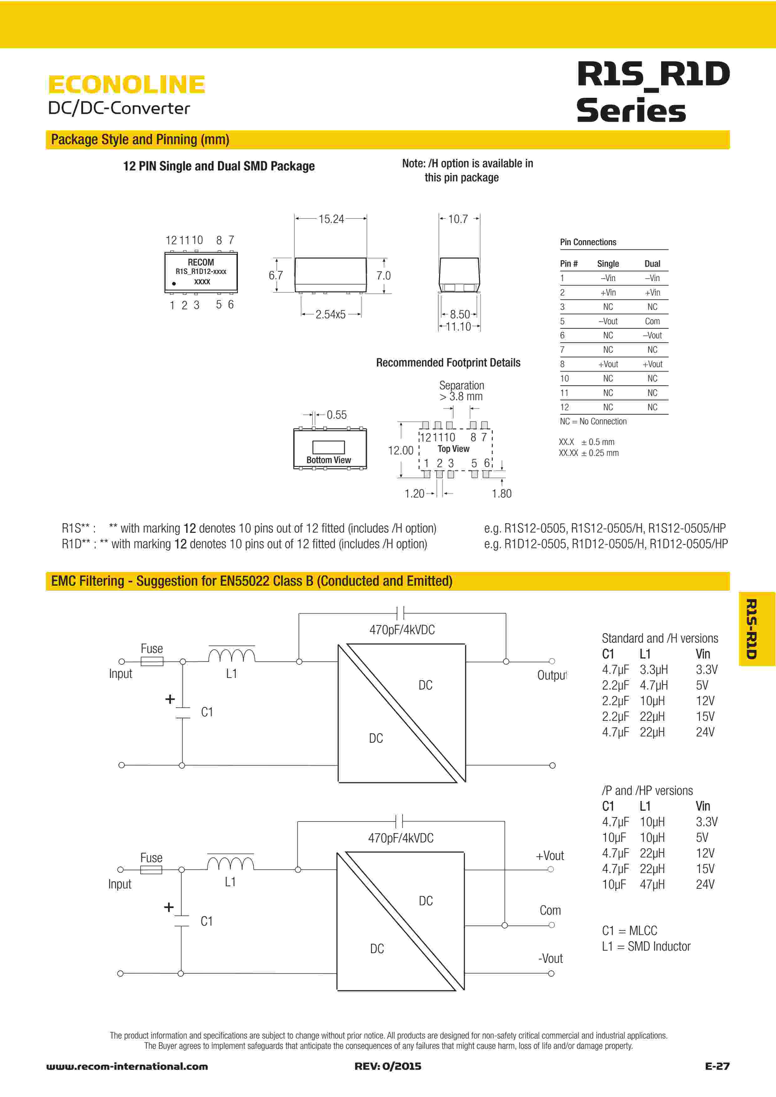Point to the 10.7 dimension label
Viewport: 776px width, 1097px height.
click(458, 219)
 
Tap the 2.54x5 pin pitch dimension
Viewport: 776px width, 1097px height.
click(330, 314)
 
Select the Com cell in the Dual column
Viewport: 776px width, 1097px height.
click(652, 321)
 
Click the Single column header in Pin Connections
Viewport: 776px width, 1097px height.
click(608, 264)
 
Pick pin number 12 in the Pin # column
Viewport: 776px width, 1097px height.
click(565, 407)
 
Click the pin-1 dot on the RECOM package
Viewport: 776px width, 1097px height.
click(174, 284)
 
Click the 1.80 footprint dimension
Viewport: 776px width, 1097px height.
click(501, 493)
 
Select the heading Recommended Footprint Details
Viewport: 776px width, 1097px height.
click(448, 363)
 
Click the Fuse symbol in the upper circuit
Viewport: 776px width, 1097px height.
click(152, 662)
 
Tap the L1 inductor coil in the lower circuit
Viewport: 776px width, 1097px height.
click(230, 863)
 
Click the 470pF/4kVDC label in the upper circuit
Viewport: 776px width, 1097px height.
click(402, 630)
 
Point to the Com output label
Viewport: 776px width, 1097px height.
click(550, 910)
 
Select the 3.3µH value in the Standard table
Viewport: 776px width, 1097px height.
click(654, 670)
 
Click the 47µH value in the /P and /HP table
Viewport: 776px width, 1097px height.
click(652, 884)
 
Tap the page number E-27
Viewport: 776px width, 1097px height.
click(717, 1066)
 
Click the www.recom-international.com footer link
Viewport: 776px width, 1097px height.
click(127, 1066)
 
